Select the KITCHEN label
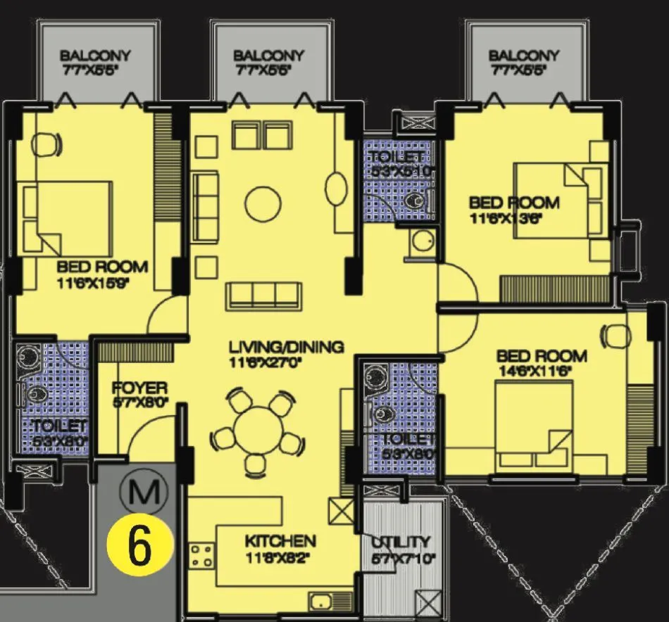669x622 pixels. [x=280, y=541]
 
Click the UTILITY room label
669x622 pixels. [x=401, y=541]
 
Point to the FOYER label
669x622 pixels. [x=139, y=388]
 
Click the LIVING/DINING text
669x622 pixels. [x=286, y=346]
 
